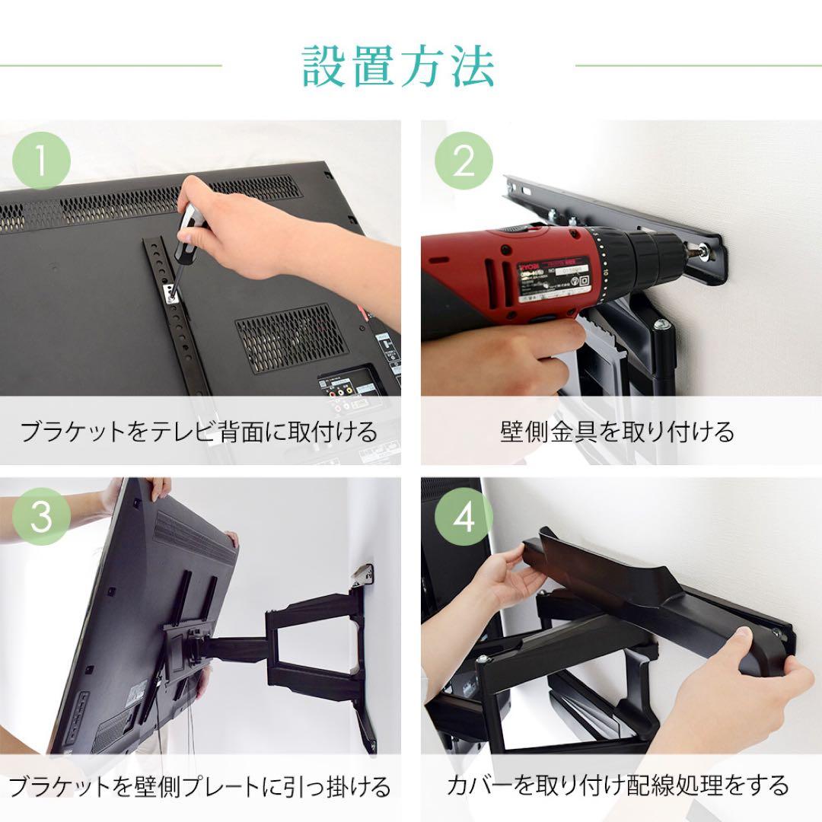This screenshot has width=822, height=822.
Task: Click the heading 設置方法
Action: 399,67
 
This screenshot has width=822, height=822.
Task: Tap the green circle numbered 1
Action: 42,161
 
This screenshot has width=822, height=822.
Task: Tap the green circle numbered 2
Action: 464,161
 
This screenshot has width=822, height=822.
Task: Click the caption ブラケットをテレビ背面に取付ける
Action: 199,432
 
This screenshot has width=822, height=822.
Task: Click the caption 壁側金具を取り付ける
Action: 617,432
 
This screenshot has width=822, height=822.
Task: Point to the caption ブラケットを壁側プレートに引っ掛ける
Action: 199,785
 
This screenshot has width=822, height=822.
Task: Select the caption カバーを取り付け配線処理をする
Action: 617,785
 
